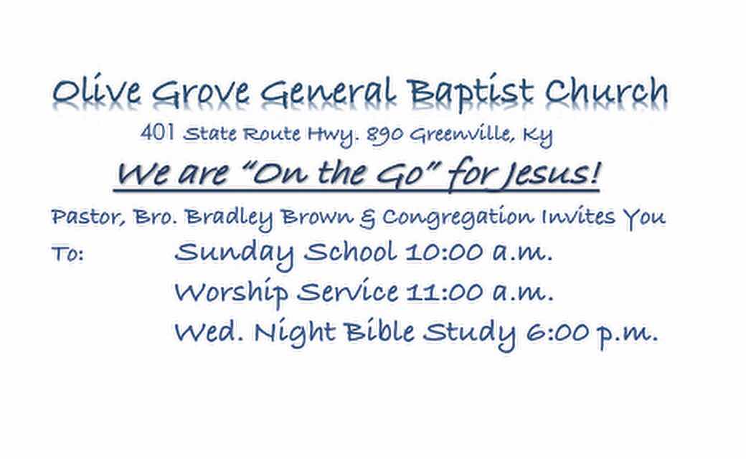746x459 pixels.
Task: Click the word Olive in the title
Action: tap(97, 90)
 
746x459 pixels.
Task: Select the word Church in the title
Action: tap(607, 90)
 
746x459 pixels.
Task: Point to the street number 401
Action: tap(157, 133)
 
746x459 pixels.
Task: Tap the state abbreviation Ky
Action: tap(537, 136)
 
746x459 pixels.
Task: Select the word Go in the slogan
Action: tap(400, 174)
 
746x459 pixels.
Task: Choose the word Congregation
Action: tap(458, 218)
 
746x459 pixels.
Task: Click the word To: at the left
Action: tap(67, 253)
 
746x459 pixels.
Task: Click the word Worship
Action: tap(231, 293)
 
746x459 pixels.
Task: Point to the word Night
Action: tap(295, 333)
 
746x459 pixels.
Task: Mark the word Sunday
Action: tap(234, 253)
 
